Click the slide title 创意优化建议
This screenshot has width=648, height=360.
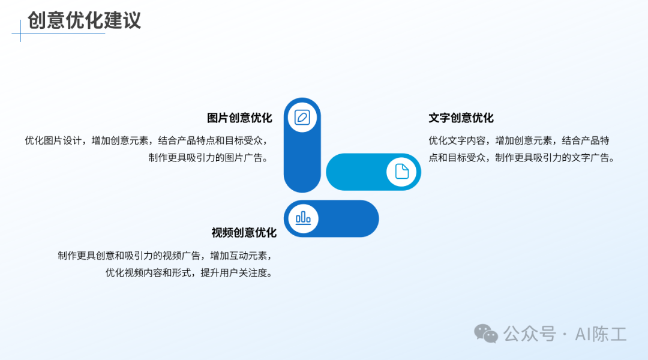click(85, 20)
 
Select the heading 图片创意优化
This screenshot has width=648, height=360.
click(239, 118)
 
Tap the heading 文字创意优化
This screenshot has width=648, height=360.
click(461, 118)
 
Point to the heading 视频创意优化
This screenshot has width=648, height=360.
click(244, 233)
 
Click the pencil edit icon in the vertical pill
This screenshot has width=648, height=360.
click(302, 118)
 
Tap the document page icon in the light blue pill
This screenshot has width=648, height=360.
click(401, 172)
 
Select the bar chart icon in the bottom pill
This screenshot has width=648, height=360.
click(303, 218)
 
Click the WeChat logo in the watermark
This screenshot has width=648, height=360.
click(485, 334)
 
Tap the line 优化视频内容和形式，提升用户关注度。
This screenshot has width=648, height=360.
click(190, 273)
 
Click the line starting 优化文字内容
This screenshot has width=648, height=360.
click(518, 140)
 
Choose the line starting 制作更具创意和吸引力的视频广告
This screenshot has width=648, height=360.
click(166, 256)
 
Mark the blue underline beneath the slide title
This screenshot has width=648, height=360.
click(58, 34)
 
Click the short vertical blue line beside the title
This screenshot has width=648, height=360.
click(20, 31)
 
